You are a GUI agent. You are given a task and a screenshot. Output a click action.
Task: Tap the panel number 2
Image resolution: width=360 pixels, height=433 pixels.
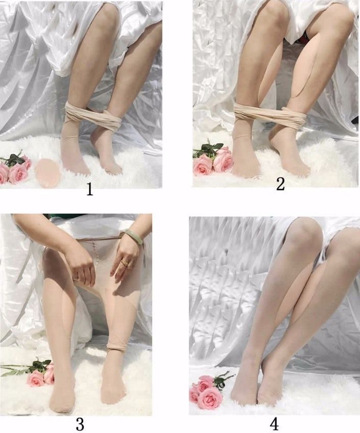(x=280, y=185)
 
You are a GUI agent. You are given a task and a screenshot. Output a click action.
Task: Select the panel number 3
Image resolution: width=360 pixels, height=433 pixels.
(x=80, y=424)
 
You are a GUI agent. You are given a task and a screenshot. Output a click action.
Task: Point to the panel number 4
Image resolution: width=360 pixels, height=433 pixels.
(x=274, y=424)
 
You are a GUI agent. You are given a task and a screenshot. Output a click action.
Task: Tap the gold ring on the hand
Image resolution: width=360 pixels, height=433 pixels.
(x=125, y=263)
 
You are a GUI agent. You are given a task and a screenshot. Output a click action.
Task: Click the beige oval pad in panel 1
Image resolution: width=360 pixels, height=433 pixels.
(x=46, y=172)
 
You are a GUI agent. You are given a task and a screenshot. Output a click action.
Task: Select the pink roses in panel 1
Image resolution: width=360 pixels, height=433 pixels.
(x=15, y=170)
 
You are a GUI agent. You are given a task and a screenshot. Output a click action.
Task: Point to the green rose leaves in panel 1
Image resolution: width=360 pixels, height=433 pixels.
(x=14, y=159)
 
